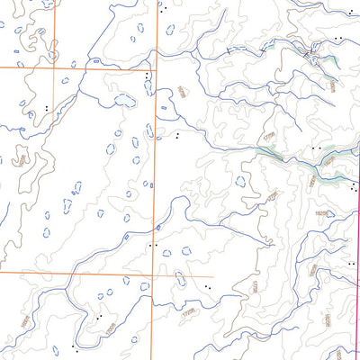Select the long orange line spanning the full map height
click(156, 180)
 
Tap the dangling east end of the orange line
click(212, 275)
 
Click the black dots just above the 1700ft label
click(95, 318)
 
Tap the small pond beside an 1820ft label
click(330, 214)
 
